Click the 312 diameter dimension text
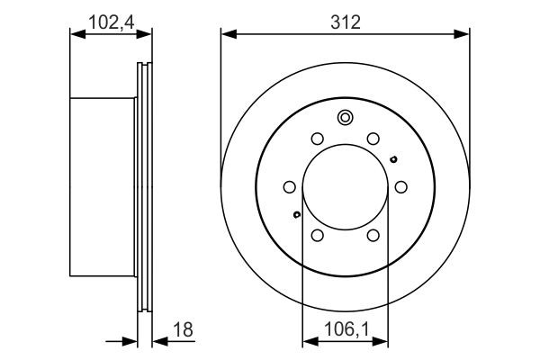345,22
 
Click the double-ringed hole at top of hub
345,117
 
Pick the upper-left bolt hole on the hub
317,139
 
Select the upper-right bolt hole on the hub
373,139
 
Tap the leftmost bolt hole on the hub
289,187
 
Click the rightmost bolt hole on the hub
400,187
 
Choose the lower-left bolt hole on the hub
317,235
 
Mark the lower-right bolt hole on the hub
373,235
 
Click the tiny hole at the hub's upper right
393,160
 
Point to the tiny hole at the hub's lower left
296,214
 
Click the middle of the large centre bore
345,187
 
